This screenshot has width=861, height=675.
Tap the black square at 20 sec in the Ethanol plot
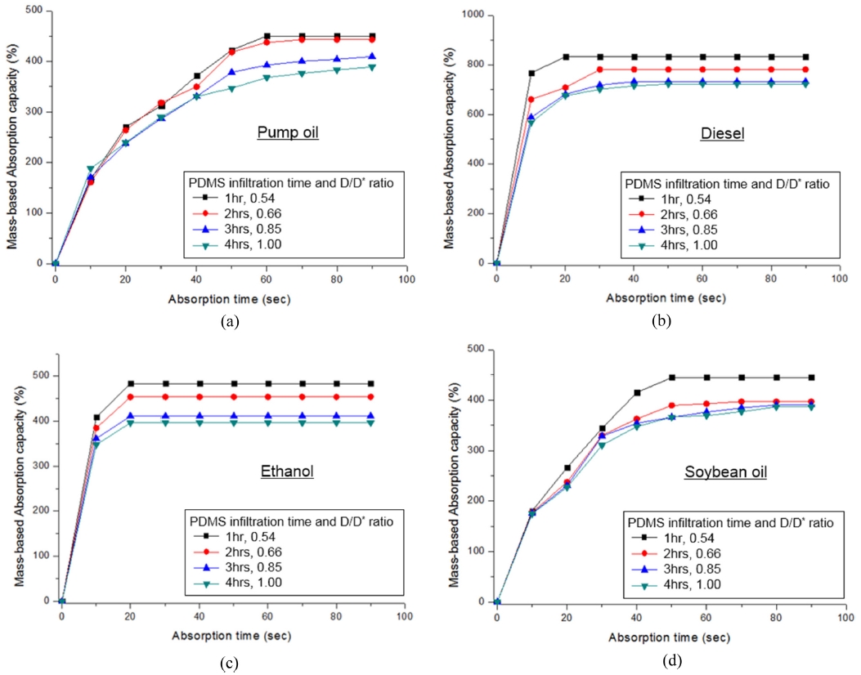(131, 383)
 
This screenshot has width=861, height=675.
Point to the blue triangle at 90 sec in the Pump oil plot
(372, 56)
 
